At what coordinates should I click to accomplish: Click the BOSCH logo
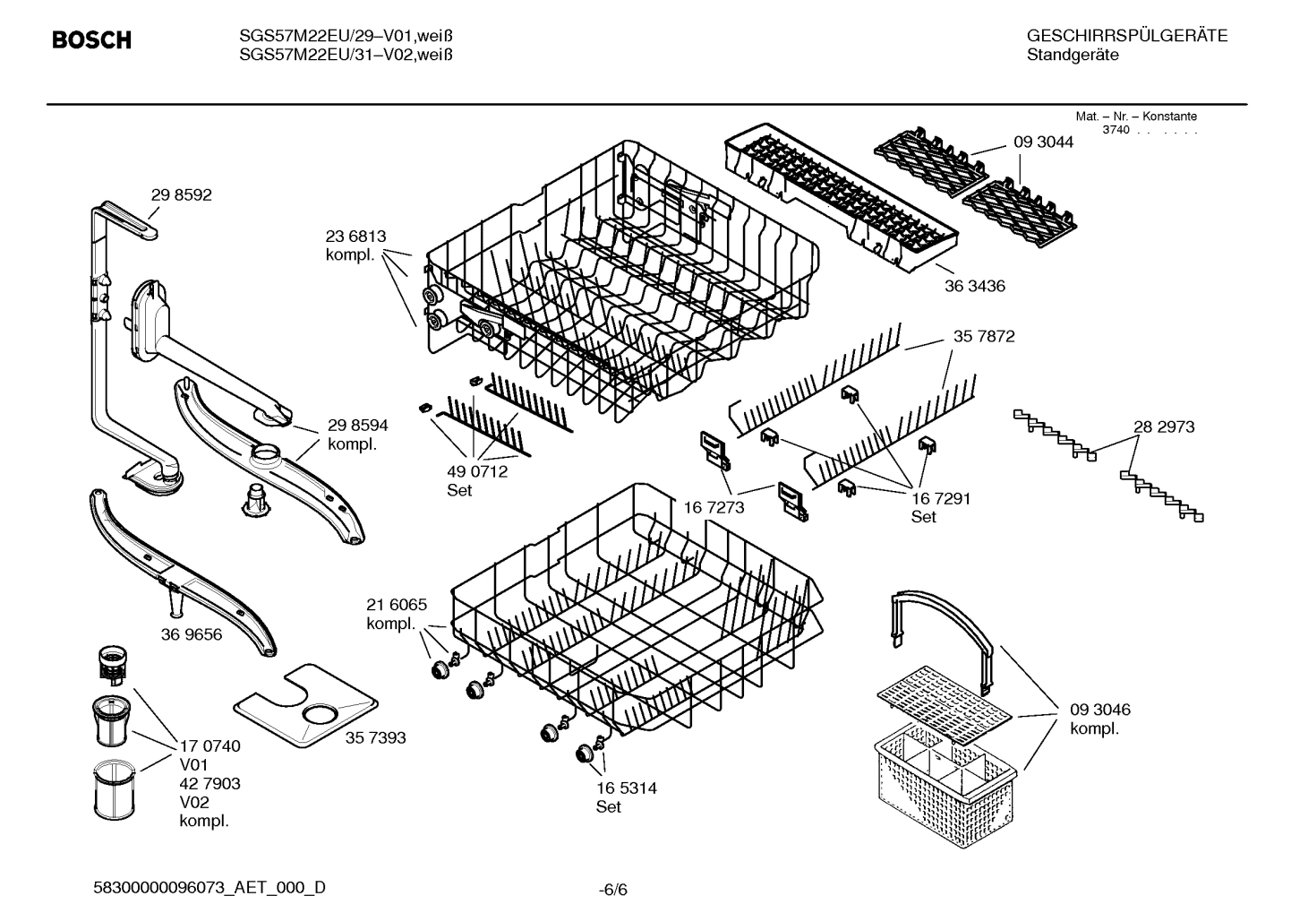91,40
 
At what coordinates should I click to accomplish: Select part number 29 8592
181,194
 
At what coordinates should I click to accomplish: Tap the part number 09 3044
1042,142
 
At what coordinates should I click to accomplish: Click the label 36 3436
974,286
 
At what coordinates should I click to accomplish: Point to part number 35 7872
983,336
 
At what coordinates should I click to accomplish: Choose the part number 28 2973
1163,427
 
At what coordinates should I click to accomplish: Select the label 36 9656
192,634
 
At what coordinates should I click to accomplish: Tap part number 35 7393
375,737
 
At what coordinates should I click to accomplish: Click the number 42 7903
209,783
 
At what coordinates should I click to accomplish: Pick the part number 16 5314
626,788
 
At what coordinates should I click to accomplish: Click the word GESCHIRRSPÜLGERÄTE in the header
1126,36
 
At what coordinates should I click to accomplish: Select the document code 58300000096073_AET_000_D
209,887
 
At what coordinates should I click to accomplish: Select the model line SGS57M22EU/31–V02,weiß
346,55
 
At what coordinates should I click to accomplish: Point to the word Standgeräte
1072,55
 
